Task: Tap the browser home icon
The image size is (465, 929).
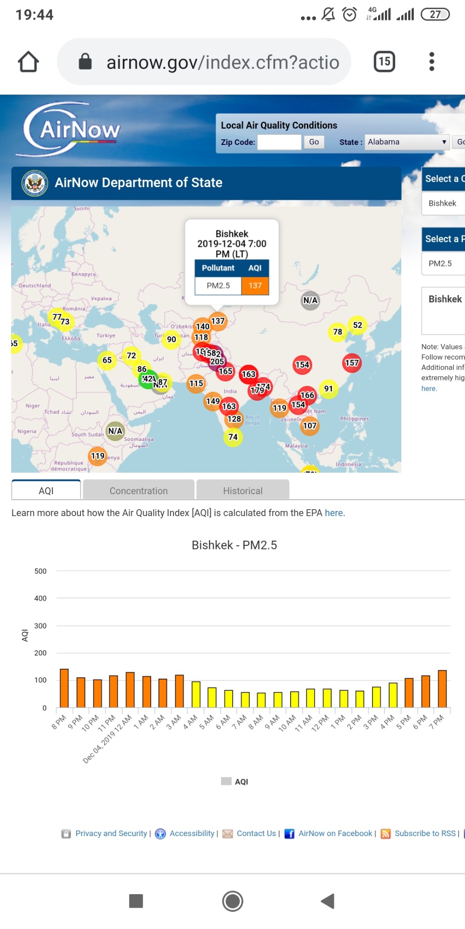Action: [x=28, y=62]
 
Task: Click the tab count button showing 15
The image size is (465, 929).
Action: [x=385, y=62]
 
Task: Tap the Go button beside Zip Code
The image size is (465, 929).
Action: [x=314, y=142]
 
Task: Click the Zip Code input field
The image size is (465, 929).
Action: [x=279, y=142]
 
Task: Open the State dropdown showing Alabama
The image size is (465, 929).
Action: [x=407, y=142]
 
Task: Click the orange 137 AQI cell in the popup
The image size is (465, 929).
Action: [x=255, y=286]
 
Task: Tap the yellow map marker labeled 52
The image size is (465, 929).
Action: [x=357, y=325]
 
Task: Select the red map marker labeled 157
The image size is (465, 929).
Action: [x=352, y=363]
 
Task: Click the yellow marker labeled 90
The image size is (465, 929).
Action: [x=172, y=340]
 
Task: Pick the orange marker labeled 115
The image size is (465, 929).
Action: [x=196, y=384]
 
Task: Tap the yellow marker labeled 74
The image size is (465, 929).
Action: [x=233, y=437]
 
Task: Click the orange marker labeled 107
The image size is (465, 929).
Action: [x=310, y=425]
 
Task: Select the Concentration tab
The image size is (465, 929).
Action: [x=139, y=491]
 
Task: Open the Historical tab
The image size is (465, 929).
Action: [x=243, y=491]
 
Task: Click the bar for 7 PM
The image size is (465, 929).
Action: [x=442, y=689]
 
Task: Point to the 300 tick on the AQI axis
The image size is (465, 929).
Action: [x=40, y=626]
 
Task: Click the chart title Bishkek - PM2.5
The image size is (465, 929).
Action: [x=234, y=545]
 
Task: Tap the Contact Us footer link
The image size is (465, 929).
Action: [x=256, y=833]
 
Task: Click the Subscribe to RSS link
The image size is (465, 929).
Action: [x=425, y=833]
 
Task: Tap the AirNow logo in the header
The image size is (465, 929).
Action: [x=72, y=130]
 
